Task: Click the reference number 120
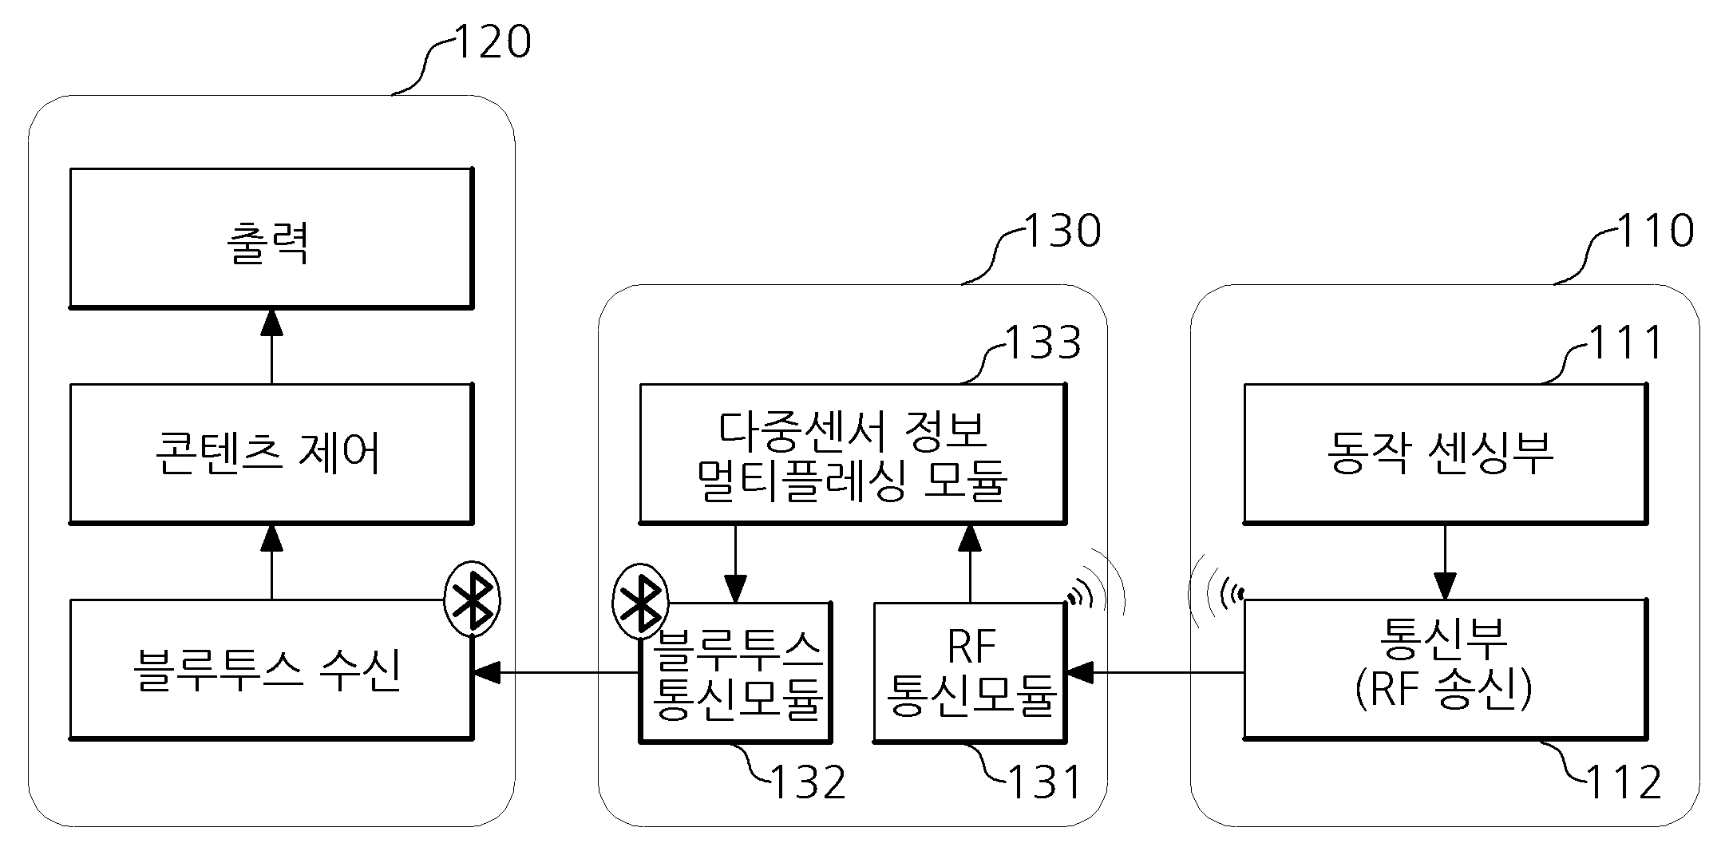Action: [492, 42]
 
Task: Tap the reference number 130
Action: [1062, 231]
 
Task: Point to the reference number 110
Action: [1655, 231]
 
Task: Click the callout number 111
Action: [1624, 342]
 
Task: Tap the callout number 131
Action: [1045, 782]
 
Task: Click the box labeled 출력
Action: [271, 238]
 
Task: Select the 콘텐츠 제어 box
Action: [271, 453]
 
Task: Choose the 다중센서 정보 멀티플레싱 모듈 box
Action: [853, 453]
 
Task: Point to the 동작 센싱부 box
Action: [1445, 453]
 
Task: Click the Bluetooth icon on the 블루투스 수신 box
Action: [472, 599]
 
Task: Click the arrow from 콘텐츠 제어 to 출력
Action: [271, 346]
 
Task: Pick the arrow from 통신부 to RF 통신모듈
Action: [1155, 673]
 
